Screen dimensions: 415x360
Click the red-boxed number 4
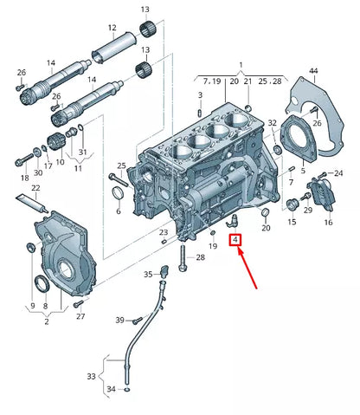click(235, 239)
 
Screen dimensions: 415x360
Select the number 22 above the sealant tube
click(35, 188)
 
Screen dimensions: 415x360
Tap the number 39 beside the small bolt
click(120, 321)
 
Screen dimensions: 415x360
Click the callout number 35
click(148, 275)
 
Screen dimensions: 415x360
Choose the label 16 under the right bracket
click(327, 223)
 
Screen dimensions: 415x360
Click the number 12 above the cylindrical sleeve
click(112, 28)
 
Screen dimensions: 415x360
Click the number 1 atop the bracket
click(241, 64)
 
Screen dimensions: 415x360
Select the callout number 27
click(80, 316)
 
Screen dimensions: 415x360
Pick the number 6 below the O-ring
click(119, 211)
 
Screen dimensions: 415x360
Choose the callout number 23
click(163, 233)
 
